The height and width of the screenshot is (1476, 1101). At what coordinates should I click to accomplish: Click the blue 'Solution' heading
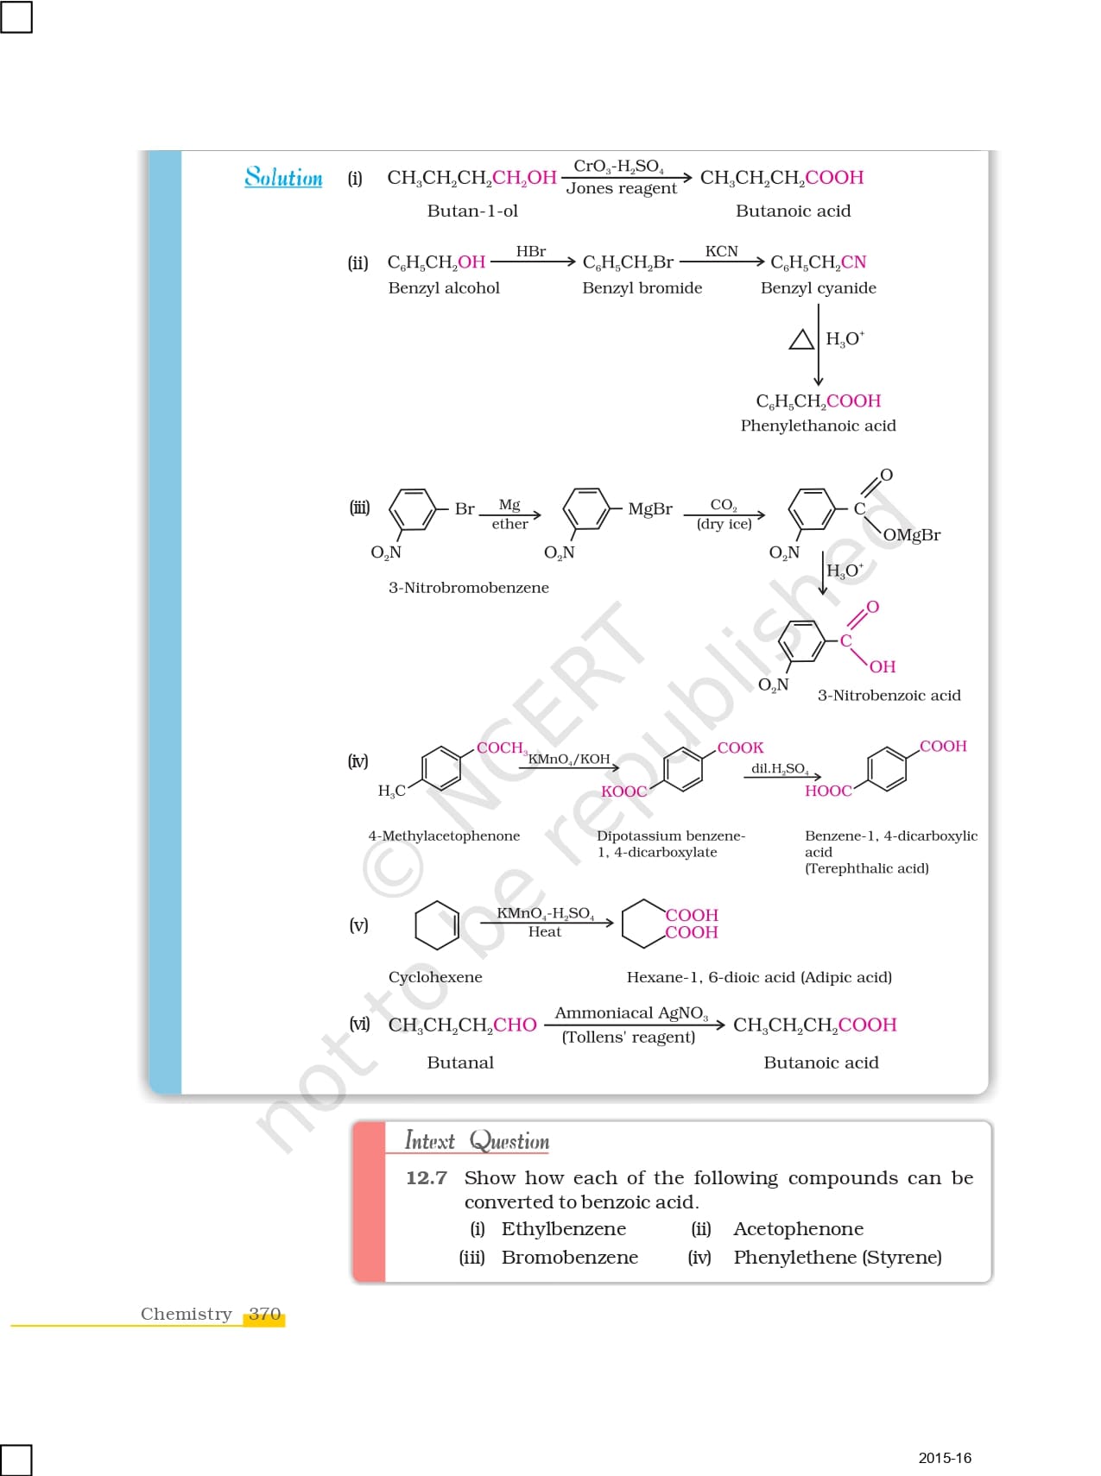pos(283,177)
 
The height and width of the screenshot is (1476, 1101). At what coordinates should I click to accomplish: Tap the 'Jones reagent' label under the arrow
pos(621,188)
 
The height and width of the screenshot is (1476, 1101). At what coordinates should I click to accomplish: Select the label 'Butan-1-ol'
pos(472,211)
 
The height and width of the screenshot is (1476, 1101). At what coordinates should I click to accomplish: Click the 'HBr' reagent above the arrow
pos(530,251)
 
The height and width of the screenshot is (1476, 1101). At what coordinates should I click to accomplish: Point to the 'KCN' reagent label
pos(721,251)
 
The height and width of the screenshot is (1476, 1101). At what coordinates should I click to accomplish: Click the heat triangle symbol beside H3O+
pos(801,339)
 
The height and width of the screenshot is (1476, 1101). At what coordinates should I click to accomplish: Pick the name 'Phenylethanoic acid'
pos(818,426)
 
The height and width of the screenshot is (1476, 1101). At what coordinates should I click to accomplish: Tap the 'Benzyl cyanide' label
pos(818,287)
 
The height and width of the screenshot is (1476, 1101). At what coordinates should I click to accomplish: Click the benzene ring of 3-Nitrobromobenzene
pos(413,508)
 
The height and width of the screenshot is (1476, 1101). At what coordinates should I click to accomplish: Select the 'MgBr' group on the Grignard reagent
pos(649,508)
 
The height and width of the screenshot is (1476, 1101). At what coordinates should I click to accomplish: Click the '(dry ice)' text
pos(724,524)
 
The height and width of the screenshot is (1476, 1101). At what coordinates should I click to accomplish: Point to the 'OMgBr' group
pos(911,535)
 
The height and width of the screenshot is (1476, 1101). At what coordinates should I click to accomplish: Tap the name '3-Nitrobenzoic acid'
pos(889,695)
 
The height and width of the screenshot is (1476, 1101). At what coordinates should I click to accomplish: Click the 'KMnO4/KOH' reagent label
pos(568,759)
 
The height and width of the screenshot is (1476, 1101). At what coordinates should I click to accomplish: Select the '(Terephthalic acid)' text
pos(866,868)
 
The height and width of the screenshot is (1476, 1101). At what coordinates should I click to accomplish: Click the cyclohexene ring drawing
pos(437,925)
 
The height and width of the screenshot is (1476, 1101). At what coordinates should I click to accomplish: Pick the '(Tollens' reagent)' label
pos(628,1037)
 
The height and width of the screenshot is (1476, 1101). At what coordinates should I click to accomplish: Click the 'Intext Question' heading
pos(477,1141)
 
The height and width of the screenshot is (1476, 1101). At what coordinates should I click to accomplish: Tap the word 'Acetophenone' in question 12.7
pos(798,1228)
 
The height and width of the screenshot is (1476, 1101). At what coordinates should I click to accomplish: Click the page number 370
pos(264,1314)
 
